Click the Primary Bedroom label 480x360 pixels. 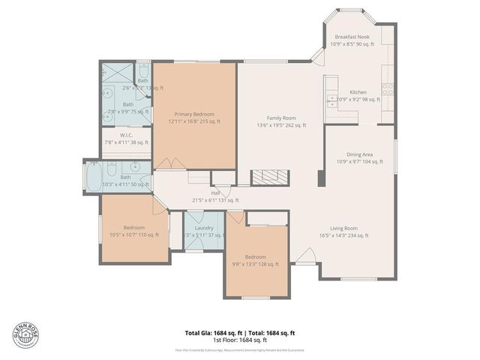point(193,113)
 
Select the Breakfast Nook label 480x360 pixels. point(351,37)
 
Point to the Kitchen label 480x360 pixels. point(357,92)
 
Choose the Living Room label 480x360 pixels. point(344,228)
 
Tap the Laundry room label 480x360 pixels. point(203,227)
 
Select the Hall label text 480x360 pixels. point(214,193)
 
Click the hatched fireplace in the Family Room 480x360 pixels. point(268,177)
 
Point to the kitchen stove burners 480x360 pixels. point(388,91)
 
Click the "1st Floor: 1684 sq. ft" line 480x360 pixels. point(240,340)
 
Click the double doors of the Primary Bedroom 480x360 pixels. point(169,163)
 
